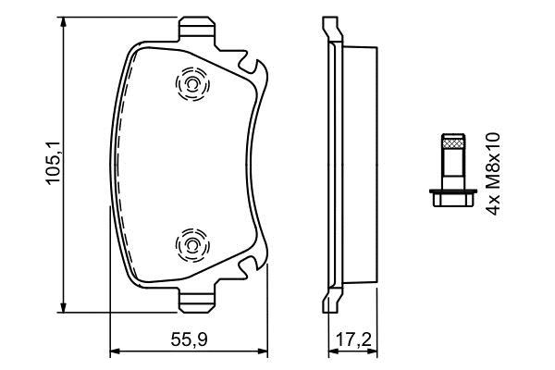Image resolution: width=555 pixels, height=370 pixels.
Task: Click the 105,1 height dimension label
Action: (54, 162)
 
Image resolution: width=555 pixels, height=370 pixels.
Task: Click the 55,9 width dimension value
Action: (189, 339)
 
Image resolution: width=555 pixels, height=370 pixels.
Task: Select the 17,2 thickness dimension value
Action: (353, 339)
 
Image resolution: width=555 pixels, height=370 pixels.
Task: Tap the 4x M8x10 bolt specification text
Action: (493, 174)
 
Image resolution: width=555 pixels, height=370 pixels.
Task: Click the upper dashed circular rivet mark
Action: (192, 84)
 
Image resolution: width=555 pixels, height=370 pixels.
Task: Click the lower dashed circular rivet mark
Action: (192, 245)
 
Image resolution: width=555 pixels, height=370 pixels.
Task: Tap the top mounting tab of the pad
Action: (197, 27)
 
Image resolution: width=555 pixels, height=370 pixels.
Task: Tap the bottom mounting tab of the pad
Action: (197, 301)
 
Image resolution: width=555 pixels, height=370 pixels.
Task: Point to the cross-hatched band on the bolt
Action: (453, 143)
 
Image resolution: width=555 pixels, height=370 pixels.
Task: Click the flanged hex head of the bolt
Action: (453, 198)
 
